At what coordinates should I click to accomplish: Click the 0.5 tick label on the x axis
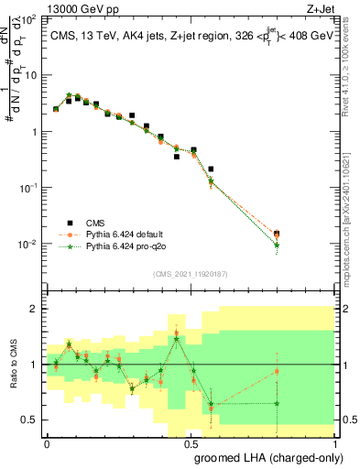click(190, 443)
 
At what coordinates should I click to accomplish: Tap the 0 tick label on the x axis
click(47, 443)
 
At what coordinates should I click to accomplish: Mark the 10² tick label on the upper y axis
click(27, 18)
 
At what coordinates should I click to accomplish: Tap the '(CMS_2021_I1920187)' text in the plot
click(190, 273)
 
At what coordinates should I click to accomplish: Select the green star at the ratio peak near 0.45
click(176, 339)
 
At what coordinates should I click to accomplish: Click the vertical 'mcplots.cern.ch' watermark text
click(350, 211)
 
